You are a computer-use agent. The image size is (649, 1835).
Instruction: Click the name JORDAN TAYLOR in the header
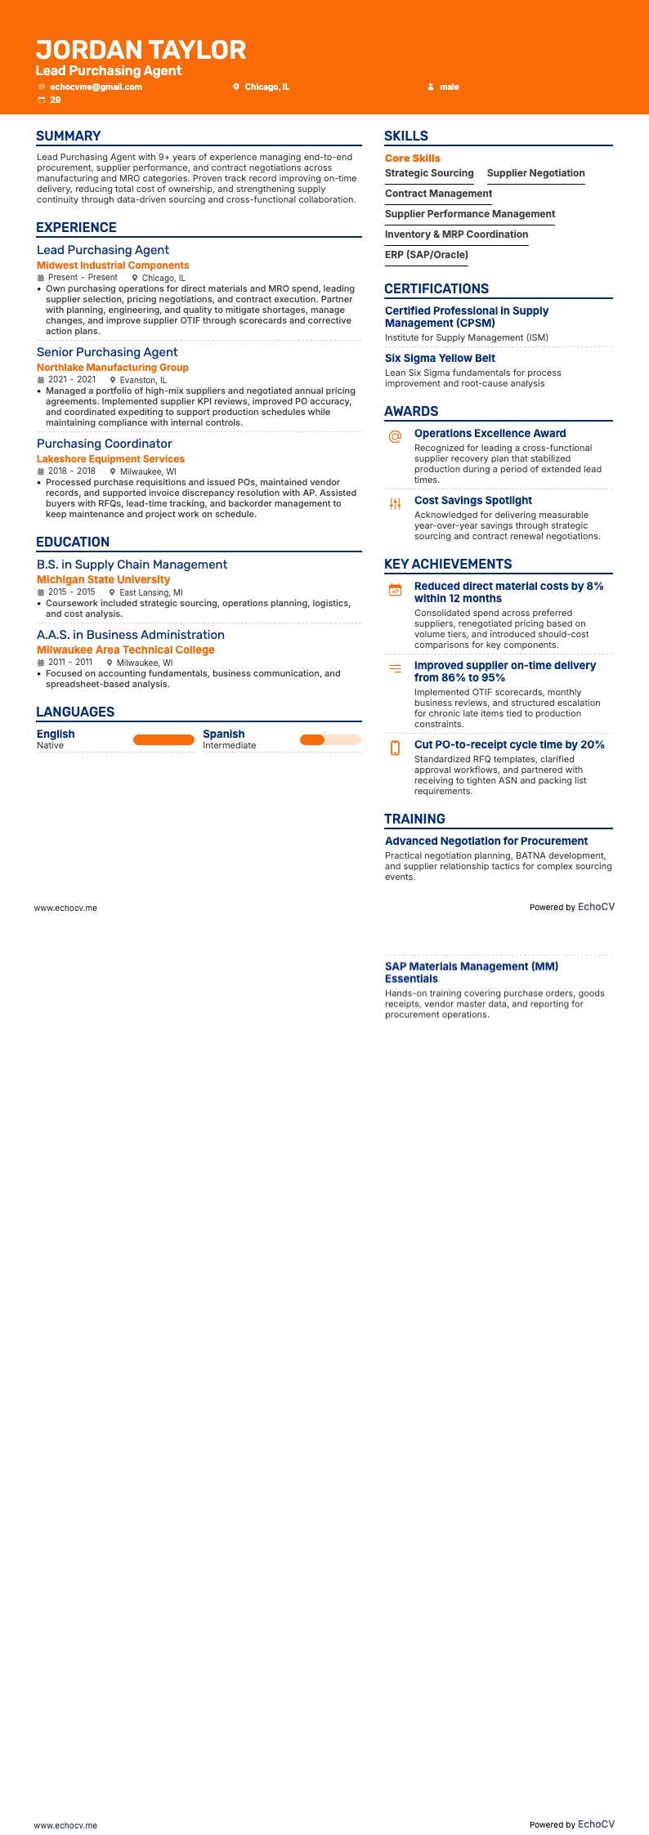point(141,50)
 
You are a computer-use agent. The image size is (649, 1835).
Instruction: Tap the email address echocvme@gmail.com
point(96,87)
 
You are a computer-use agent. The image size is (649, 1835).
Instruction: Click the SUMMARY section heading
point(69,136)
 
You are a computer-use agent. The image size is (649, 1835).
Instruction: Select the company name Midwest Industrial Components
point(113,266)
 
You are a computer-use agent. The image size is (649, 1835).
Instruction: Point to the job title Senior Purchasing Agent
point(107,352)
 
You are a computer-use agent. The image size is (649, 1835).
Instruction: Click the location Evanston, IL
point(143,380)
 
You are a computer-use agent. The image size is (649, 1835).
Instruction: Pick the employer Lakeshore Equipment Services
point(110,459)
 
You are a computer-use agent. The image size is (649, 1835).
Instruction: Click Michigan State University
point(103,579)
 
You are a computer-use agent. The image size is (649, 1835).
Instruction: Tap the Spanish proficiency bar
point(330,740)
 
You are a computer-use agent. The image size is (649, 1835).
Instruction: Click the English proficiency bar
point(163,740)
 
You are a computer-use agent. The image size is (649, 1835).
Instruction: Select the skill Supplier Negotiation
point(535,173)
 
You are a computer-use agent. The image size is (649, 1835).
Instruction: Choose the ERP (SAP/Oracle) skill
point(427,255)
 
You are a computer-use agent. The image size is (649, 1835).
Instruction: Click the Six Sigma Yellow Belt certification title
point(440,358)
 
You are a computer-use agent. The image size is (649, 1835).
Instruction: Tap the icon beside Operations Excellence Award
point(395,437)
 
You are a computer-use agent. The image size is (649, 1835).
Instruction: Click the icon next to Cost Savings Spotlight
point(395,504)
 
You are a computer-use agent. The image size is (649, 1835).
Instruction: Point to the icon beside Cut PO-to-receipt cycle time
point(395,748)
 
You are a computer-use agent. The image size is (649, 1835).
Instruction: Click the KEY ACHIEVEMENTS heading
point(448,565)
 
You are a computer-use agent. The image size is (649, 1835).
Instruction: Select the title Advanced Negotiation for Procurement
point(486,841)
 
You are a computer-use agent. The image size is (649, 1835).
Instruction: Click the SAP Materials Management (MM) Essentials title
point(472,972)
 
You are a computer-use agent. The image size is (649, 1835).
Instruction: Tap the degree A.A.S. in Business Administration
point(131,635)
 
